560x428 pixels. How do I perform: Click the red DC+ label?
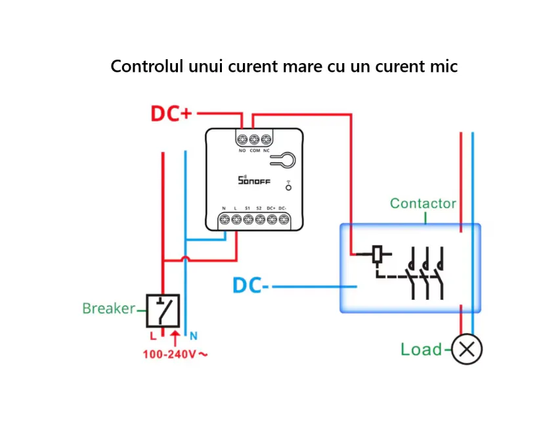(x=171, y=113)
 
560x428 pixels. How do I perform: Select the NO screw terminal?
(x=242, y=139)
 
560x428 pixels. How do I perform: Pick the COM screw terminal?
(x=254, y=139)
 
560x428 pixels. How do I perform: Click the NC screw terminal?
(x=266, y=139)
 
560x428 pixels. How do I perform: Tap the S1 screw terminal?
(x=248, y=220)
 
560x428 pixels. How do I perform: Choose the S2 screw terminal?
(x=259, y=220)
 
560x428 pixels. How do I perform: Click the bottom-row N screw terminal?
(x=225, y=220)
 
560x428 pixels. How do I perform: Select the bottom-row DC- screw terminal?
(x=282, y=220)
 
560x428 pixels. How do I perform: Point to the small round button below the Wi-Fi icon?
(x=288, y=188)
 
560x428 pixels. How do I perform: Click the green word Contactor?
(x=423, y=203)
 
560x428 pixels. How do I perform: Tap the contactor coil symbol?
(x=377, y=254)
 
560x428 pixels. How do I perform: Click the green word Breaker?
(x=108, y=308)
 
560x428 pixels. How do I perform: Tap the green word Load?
(x=421, y=349)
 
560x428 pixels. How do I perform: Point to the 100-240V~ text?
(x=175, y=354)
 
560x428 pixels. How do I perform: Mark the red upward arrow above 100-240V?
(x=174, y=339)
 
